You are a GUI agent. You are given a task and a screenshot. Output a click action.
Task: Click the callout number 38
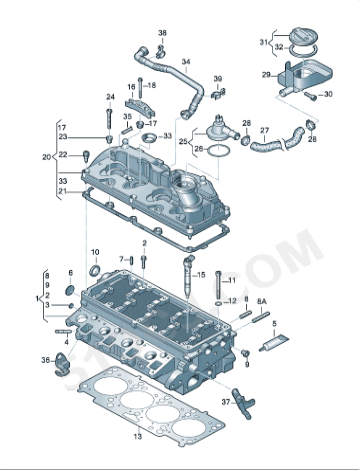[x=163, y=33]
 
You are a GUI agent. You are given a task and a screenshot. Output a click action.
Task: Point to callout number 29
[x=266, y=75]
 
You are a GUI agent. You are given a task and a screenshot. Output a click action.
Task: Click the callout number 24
[x=110, y=97]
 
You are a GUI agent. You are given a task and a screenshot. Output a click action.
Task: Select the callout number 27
[x=265, y=131]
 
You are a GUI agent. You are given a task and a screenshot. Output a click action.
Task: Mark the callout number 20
[x=46, y=156]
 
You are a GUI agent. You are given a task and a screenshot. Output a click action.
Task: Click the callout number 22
[x=62, y=154]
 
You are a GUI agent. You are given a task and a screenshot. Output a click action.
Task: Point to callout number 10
[x=95, y=252]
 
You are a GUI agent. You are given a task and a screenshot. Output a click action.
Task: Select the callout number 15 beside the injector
[x=200, y=274]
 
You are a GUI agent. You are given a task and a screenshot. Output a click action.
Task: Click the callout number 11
[x=232, y=281]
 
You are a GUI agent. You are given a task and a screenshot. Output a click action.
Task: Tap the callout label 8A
[x=262, y=300]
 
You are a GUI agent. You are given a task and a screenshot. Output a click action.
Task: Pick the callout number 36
[x=45, y=359]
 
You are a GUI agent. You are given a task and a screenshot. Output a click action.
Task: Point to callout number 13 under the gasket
[x=138, y=437]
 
